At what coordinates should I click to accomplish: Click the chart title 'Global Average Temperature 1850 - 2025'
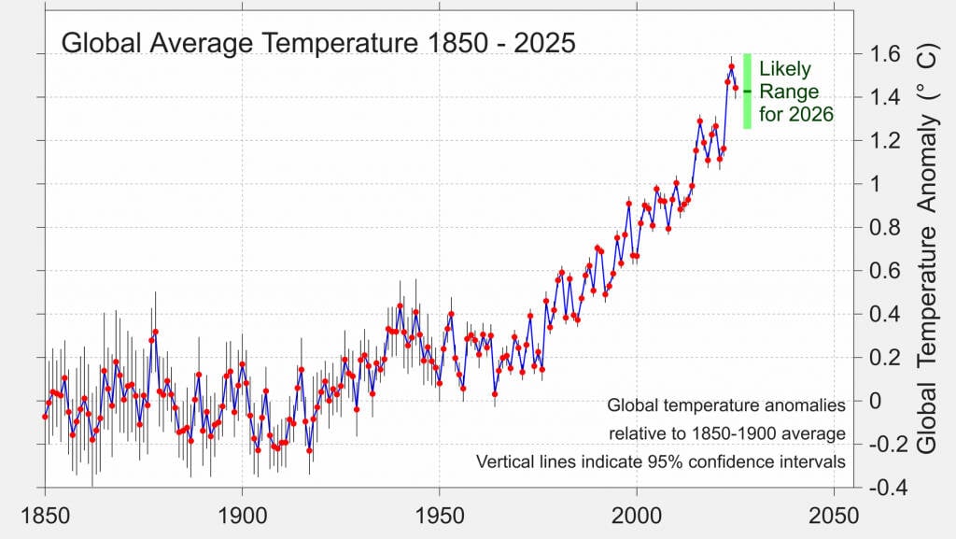(x=317, y=43)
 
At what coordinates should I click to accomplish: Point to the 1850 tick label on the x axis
(x=45, y=515)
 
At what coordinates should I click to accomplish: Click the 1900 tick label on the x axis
(x=242, y=515)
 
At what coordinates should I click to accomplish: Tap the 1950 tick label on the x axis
(x=440, y=515)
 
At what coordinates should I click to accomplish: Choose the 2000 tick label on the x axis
(x=637, y=515)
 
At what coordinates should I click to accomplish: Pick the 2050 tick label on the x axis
(x=834, y=515)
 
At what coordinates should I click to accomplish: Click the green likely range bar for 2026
(x=747, y=91)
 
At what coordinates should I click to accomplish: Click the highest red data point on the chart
(x=731, y=66)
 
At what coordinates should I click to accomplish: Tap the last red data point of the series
(x=736, y=89)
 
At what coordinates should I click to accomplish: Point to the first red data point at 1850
(x=45, y=416)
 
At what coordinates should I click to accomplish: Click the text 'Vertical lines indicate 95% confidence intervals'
(x=660, y=461)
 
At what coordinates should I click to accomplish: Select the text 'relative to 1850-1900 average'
(x=726, y=433)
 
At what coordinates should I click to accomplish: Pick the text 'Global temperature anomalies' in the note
(x=725, y=405)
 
